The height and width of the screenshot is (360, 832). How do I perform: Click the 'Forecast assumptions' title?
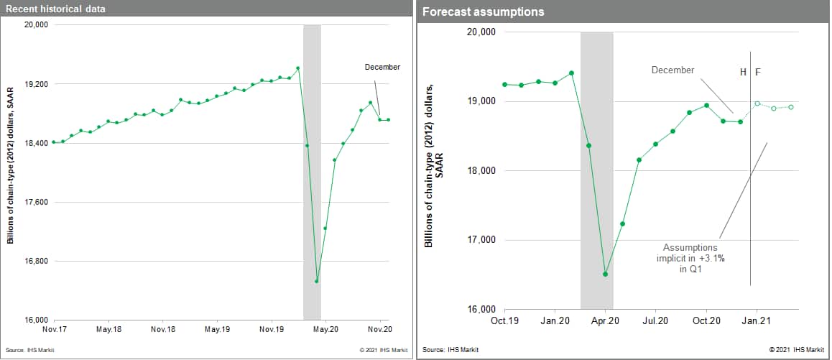[x=483, y=12]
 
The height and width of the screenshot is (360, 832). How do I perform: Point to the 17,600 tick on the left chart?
[x=35, y=202]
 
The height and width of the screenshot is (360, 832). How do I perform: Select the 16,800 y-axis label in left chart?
[x=35, y=261]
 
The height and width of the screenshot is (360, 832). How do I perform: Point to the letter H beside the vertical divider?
[x=744, y=73]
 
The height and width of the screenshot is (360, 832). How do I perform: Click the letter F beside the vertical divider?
[x=757, y=73]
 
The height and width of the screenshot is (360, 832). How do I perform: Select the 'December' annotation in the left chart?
[x=382, y=67]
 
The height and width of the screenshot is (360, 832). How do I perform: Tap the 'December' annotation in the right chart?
[x=673, y=70]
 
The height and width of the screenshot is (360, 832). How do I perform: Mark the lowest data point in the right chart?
[x=606, y=274]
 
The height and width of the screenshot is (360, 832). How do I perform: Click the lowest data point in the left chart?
[x=316, y=281]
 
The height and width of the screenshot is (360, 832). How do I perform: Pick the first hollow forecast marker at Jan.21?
[x=757, y=103]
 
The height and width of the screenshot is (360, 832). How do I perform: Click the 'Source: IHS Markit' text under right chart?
[x=450, y=350]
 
